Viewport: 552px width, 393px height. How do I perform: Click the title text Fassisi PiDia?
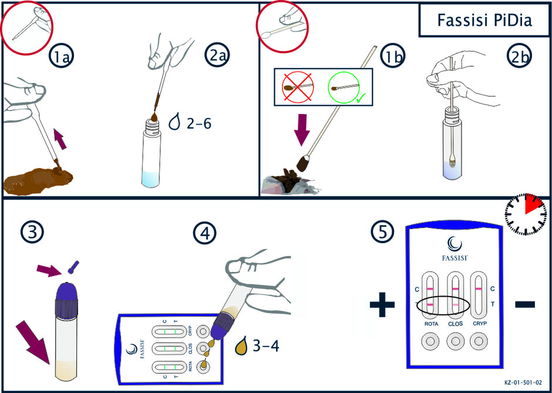[484, 21]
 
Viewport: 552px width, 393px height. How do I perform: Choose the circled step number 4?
[204, 233]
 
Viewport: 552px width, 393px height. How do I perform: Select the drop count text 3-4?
[266, 347]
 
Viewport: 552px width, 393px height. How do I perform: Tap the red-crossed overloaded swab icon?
[298, 86]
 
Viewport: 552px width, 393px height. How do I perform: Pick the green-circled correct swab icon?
[344, 86]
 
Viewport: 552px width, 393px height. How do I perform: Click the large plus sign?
[382, 304]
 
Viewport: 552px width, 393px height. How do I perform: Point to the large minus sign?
[525, 304]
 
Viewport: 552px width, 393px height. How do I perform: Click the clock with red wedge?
[526, 214]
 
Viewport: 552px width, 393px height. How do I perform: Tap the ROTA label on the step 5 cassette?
[431, 324]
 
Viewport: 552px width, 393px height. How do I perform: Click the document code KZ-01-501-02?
[523, 382]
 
